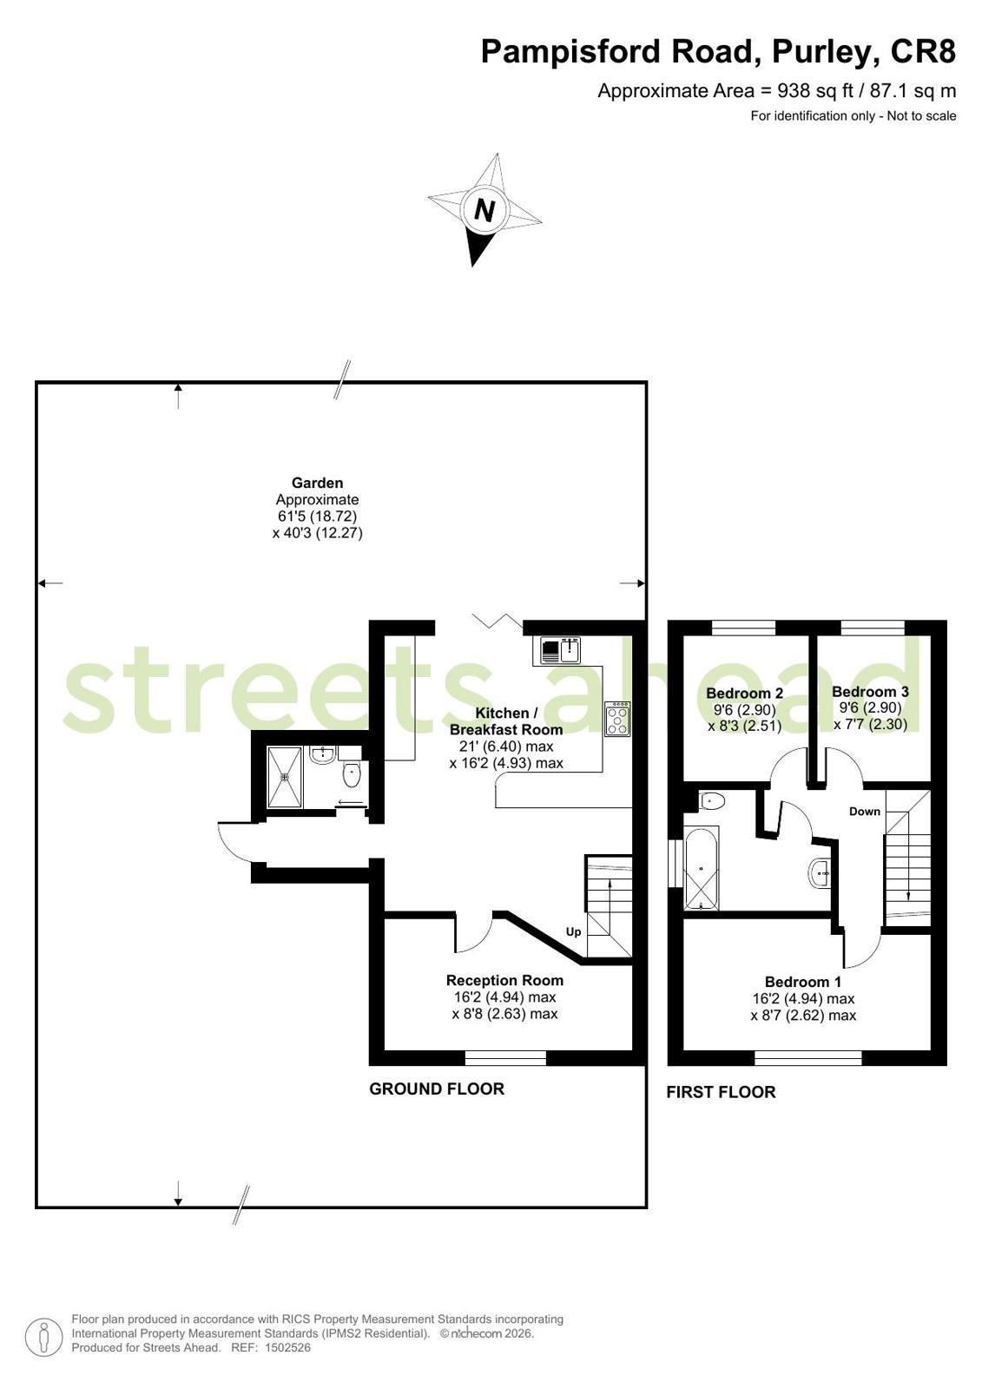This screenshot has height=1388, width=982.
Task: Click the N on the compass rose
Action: pyautogui.click(x=484, y=210)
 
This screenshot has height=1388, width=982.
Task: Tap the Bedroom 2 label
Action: pyautogui.click(x=745, y=693)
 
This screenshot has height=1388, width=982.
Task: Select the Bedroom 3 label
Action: pyautogui.click(x=870, y=692)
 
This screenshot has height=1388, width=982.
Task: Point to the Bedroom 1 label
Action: pyautogui.click(x=803, y=982)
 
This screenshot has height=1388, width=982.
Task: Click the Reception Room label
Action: pyautogui.click(x=504, y=980)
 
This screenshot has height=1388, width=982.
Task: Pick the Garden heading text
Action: pyautogui.click(x=318, y=483)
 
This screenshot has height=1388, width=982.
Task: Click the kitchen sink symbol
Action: pyautogui.click(x=560, y=650)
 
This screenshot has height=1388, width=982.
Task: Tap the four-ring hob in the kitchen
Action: pyautogui.click(x=617, y=719)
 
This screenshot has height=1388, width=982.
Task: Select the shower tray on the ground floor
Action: pyautogui.click(x=285, y=778)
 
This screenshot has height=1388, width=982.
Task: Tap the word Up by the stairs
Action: pyautogui.click(x=573, y=932)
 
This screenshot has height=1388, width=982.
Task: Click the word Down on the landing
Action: pyautogui.click(x=865, y=812)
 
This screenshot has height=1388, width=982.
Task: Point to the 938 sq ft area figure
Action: pyautogui.click(x=815, y=91)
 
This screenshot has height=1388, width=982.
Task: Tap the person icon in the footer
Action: pyautogui.click(x=43, y=1333)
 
